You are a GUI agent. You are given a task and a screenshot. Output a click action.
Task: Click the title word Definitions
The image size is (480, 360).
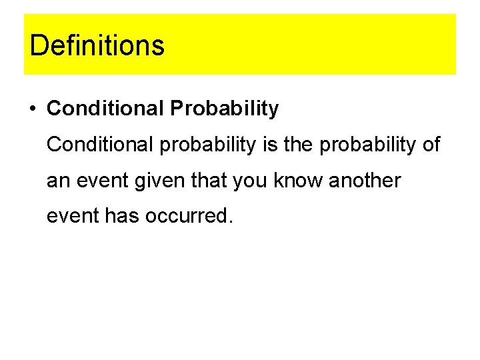[97, 45]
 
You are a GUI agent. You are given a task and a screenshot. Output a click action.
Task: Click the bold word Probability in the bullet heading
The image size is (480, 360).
[224, 109]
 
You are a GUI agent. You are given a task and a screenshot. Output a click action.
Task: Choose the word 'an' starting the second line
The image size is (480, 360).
[57, 181]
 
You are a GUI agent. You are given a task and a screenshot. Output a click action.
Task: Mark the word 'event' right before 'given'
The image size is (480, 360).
[97, 181]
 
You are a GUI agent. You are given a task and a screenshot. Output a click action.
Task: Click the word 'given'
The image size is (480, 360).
[153, 181]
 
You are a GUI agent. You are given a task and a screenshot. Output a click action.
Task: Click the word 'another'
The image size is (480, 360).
[362, 181]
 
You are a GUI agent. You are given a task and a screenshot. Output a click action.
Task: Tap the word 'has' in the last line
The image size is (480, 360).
[121, 217]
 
